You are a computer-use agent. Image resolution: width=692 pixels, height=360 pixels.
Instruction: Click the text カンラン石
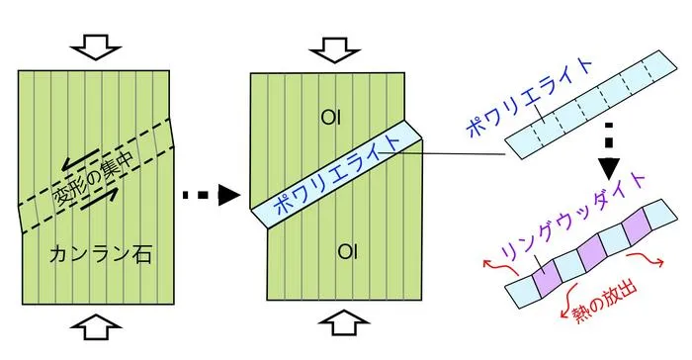(x=101, y=255)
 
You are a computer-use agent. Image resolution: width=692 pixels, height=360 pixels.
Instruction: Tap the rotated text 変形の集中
(x=94, y=179)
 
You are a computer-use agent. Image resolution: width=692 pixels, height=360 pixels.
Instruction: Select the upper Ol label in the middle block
(x=331, y=118)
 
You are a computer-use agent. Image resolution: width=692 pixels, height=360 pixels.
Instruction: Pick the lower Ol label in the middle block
(x=347, y=252)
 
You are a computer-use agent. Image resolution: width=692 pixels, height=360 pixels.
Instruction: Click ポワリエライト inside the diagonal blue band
(x=337, y=174)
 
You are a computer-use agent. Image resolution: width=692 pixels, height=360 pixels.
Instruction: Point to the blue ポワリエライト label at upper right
(x=529, y=98)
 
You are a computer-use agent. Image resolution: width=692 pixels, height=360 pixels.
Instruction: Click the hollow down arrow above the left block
(x=95, y=46)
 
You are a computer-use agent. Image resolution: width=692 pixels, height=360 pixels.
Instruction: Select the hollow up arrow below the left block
(x=95, y=327)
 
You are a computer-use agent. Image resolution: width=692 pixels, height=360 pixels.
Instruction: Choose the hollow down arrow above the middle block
(x=334, y=49)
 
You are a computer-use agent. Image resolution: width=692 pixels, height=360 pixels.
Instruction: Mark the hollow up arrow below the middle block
(x=344, y=322)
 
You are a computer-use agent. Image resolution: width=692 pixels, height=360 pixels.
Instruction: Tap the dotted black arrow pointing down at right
(x=609, y=151)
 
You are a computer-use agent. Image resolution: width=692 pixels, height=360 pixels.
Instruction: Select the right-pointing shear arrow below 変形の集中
(x=100, y=198)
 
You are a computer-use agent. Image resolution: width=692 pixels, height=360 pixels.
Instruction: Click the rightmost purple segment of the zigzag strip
(x=637, y=226)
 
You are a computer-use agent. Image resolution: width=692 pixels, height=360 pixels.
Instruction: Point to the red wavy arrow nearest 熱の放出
(x=568, y=302)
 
